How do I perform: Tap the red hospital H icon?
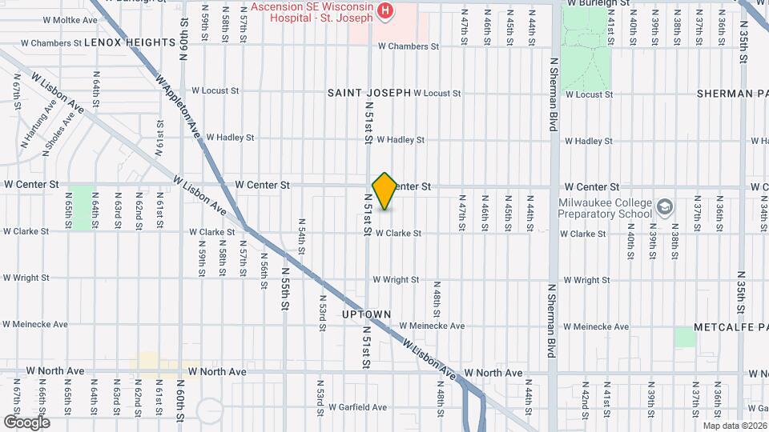386,10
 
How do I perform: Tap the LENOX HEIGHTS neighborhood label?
129,42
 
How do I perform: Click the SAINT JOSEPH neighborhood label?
368,94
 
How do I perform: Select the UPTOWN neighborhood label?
366,314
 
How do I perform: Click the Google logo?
26,422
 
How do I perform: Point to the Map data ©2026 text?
735,425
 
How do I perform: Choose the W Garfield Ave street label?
358,406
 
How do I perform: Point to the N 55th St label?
285,289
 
